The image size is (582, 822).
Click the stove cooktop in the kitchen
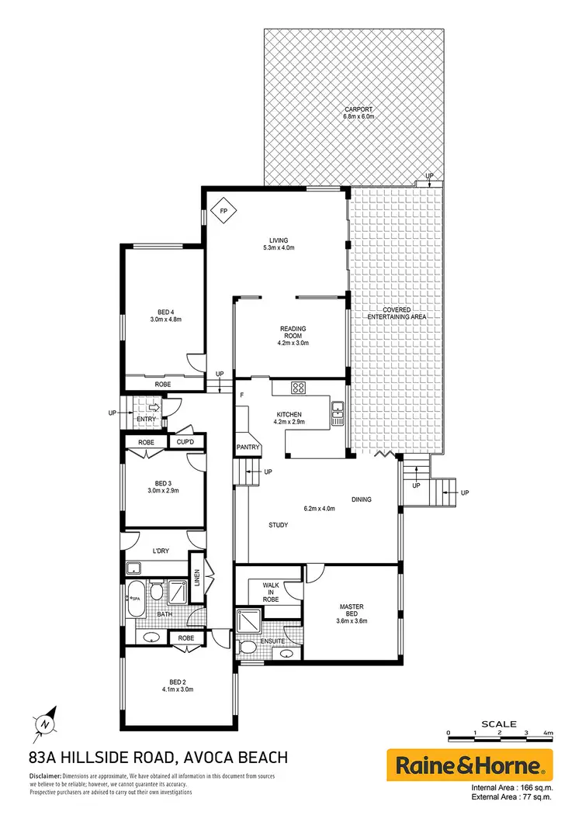tap(300, 388)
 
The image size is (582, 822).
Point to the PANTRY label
tap(248, 448)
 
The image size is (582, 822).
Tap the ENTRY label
tap(146, 420)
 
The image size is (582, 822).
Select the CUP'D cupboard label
tap(185, 442)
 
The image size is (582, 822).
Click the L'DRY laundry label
tap(161, 551)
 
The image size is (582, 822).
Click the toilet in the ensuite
tap(248, 648)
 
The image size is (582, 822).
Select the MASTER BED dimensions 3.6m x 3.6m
tap(352, 621)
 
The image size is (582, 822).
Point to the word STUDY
tap(278, 525)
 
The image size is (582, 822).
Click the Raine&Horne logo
tap(469, 766)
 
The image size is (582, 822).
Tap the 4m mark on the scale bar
tap(548, 733)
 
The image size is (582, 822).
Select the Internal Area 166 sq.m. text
tap(512, 789)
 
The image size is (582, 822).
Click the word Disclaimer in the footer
tap(45, 776)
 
